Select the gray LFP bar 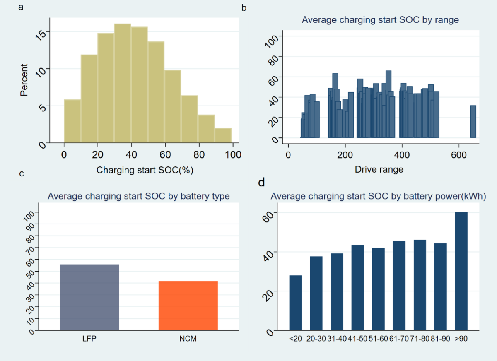89,297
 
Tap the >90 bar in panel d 461,272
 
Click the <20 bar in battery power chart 295,303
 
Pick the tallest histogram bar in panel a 123,83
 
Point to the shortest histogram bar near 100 223,135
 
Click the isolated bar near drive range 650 473,121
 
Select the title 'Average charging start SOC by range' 380,20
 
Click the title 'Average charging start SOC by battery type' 138,196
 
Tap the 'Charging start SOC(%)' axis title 145,170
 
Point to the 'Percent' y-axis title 24,80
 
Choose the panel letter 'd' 261,183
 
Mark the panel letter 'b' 244,7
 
